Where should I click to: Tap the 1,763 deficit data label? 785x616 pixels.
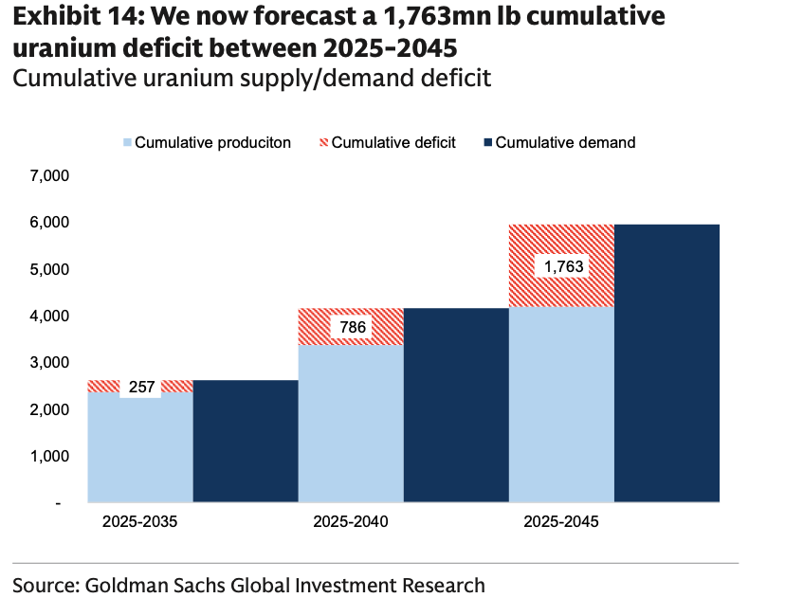pos(562,266)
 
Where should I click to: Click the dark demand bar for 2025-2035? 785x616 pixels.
pos(246,441)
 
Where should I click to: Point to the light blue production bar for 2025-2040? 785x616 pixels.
pos(351,423)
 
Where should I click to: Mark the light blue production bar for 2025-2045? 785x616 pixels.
pos(561,404)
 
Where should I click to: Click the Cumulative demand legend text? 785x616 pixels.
pos(565,142)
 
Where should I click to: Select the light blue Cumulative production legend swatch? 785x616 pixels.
pos(126,142)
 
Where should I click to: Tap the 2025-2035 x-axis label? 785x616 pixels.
pos(140,522)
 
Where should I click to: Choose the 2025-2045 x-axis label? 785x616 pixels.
pos(561,522)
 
